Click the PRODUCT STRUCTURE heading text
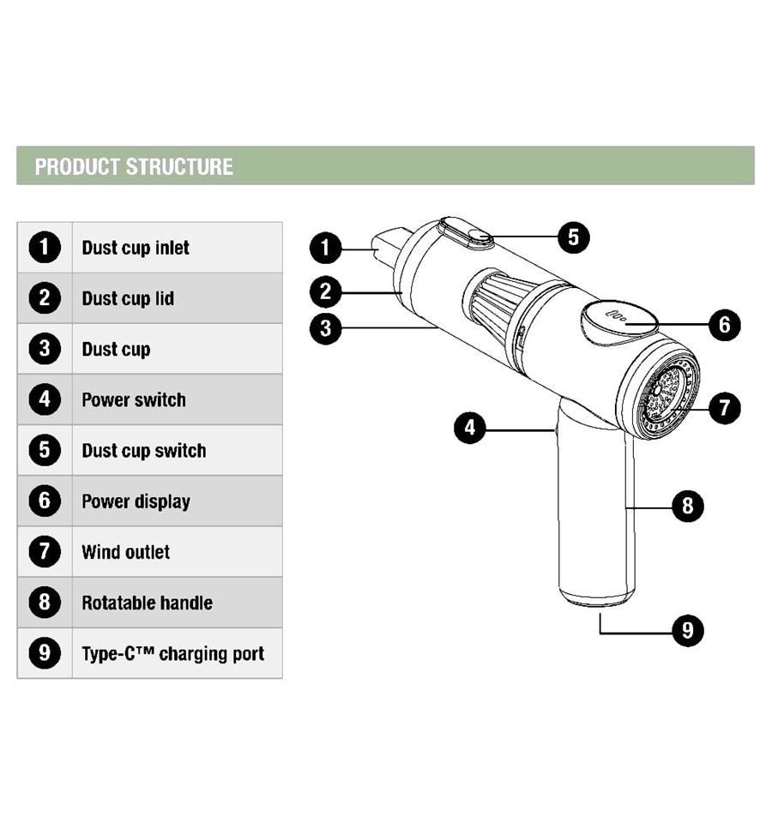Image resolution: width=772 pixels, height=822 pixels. point(134,166)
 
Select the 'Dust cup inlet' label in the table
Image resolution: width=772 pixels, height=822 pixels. point(136,248)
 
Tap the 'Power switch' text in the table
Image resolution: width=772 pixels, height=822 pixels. point(134,399)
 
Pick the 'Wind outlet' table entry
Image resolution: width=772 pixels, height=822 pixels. point(126,551)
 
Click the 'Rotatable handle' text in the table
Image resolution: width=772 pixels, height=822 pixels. point(148,603)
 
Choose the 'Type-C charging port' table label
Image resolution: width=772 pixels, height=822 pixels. point(173,654)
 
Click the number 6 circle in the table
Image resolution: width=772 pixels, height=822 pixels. point(45,501)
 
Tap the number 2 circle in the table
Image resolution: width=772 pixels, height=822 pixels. point(45,298)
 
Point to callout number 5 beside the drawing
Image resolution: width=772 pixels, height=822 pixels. point(574,237)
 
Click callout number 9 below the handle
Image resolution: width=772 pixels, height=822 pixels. point(688,630)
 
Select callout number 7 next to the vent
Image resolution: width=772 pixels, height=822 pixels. point(724,408)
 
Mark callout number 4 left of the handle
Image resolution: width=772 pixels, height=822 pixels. point(470,427)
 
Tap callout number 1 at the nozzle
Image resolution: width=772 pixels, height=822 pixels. point(326,248)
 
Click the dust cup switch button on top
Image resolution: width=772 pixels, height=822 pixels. point(467,233)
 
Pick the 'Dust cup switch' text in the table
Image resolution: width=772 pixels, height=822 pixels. point(144,450)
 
